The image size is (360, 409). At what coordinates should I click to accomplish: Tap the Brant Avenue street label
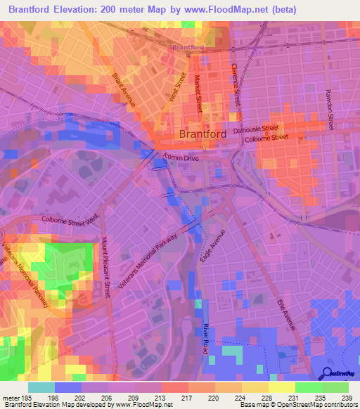click(x=123, y=89)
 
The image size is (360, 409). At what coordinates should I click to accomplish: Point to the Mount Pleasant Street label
click(x=105, y=267)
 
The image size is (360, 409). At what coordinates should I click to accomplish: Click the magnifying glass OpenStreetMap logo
click(x=327, y=373)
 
